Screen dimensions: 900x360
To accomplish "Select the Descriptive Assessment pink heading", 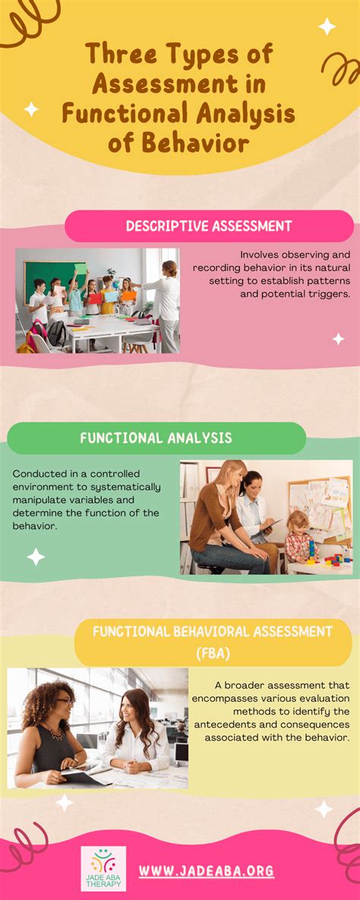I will tap(208, 226).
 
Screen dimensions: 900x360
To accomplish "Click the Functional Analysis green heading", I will tap(156, 438).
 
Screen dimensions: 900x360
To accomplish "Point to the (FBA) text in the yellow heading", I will tap(213, 653).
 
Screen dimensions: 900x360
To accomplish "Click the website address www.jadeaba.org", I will tap(207, 871).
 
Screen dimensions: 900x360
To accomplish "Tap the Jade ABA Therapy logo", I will tap(103, 868).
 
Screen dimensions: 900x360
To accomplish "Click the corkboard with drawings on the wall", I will tap(319, 505).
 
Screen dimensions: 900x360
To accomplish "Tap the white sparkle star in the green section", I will tap(36, 557).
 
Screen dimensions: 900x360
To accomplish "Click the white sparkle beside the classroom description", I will tap(338, 339).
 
